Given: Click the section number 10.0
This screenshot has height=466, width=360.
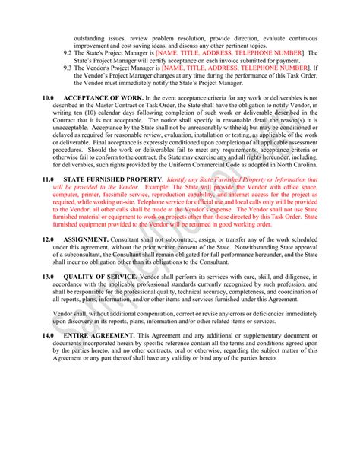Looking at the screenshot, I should pyautogui.click(x=48, y=98).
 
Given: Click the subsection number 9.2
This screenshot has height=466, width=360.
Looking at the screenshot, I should pyautogui.click(x=68, y=52).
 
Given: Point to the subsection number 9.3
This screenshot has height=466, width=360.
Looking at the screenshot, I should pyautogui.click(x=68, y=67).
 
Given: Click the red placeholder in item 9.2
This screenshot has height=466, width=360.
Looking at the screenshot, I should pyautogui.click(x=240, y=52).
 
